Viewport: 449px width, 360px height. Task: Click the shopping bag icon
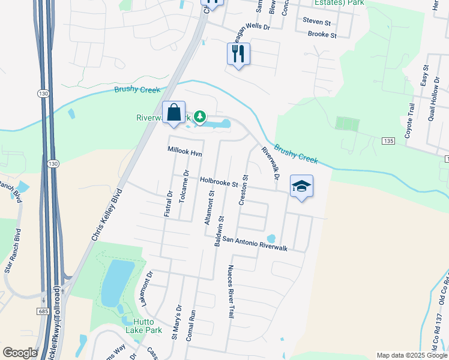(173, 112)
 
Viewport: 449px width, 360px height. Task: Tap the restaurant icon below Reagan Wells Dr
(238, 54)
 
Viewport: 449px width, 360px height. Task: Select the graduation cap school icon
(301, 187)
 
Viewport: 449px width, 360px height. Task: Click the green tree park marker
(200, 117)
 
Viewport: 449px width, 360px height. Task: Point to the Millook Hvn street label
(184, 153)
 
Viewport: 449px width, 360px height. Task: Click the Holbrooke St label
(220, 180)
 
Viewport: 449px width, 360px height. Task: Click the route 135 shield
(387, 140)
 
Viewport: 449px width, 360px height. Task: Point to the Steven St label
(317, 22)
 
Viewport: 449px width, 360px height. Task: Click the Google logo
(20, 353)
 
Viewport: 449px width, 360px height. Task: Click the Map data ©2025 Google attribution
(411, 355)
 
